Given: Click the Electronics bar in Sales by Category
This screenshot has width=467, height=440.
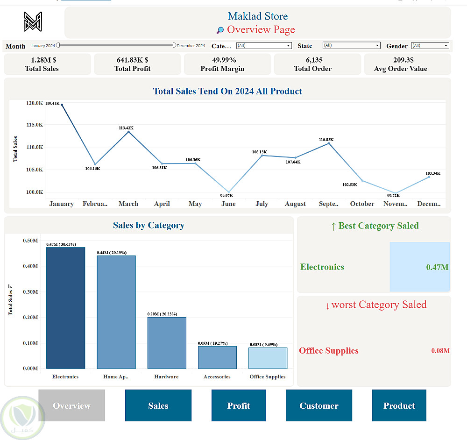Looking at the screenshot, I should click(65, 308).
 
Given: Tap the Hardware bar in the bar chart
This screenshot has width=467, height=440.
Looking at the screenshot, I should click(167, 343).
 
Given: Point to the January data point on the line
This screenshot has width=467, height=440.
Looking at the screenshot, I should click(62, 105).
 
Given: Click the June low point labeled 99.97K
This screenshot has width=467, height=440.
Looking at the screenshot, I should click(228, 192).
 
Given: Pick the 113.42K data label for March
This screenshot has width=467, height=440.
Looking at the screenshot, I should click(126, 128).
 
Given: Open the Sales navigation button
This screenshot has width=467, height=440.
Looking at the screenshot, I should click(158, 405).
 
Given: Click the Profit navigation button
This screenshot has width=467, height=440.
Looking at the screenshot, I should click(238, 405).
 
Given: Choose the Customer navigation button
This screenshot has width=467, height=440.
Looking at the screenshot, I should click(318, 405).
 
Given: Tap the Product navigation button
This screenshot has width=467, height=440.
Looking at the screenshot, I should click(399, 405).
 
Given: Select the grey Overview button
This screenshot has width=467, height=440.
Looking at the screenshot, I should click(71, 405).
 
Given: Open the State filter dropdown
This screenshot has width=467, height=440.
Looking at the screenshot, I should click(351, 46).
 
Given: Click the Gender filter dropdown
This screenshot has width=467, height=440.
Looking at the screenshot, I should click(430, 46).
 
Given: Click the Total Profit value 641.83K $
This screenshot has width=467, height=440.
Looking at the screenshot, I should click(133, 60).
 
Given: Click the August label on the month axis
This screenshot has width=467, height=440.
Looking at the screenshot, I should click(295, 204).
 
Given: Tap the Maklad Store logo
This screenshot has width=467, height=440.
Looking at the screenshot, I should click(33, 21).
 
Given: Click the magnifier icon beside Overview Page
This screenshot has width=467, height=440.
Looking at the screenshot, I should click(220, 30).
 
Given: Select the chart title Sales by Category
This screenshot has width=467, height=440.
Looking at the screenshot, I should click(149, 225).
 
